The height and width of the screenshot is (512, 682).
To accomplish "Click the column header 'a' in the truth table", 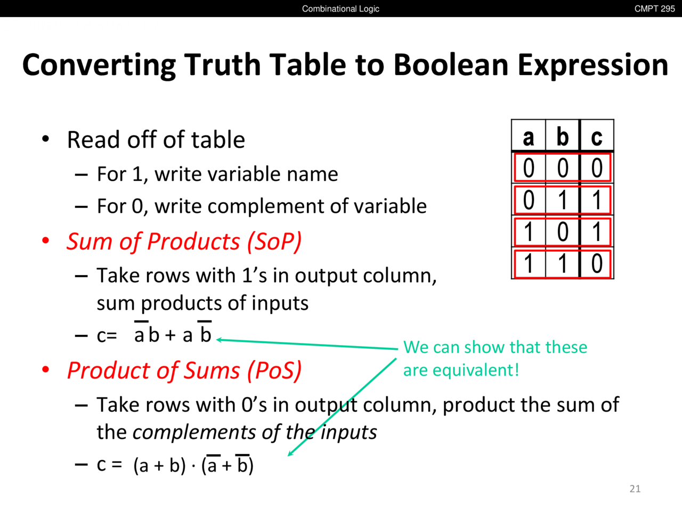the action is coord(529,137).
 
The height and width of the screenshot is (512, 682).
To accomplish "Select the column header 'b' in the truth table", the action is coord(562,136).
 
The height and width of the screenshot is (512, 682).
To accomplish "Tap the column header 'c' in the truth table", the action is coord(597,138).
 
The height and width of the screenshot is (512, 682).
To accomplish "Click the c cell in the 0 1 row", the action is coord(597,200).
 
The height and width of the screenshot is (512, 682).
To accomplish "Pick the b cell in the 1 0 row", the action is coord(563,232).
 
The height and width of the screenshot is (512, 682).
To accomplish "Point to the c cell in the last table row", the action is coord(597,263).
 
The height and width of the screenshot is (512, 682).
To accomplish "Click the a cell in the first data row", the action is coord(529,168).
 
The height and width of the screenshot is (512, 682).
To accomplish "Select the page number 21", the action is coord(635,489).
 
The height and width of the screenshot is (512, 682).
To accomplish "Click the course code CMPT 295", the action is coord(654,9).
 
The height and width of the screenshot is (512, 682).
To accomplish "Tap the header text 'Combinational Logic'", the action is coord(340,9).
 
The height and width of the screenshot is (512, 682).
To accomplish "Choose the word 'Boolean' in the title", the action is coord(451,65).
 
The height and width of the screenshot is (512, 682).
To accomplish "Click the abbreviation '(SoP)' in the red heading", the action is coord(274,242).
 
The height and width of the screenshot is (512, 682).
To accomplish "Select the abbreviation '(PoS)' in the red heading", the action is coord(274,371).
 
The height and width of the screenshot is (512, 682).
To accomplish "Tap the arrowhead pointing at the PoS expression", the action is coord(290,453).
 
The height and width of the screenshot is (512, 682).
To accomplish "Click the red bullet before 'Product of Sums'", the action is coord(46,370).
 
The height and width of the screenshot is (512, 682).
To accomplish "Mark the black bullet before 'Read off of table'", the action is coord(46,139).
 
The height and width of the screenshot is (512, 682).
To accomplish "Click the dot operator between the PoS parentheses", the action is coord(193,466).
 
